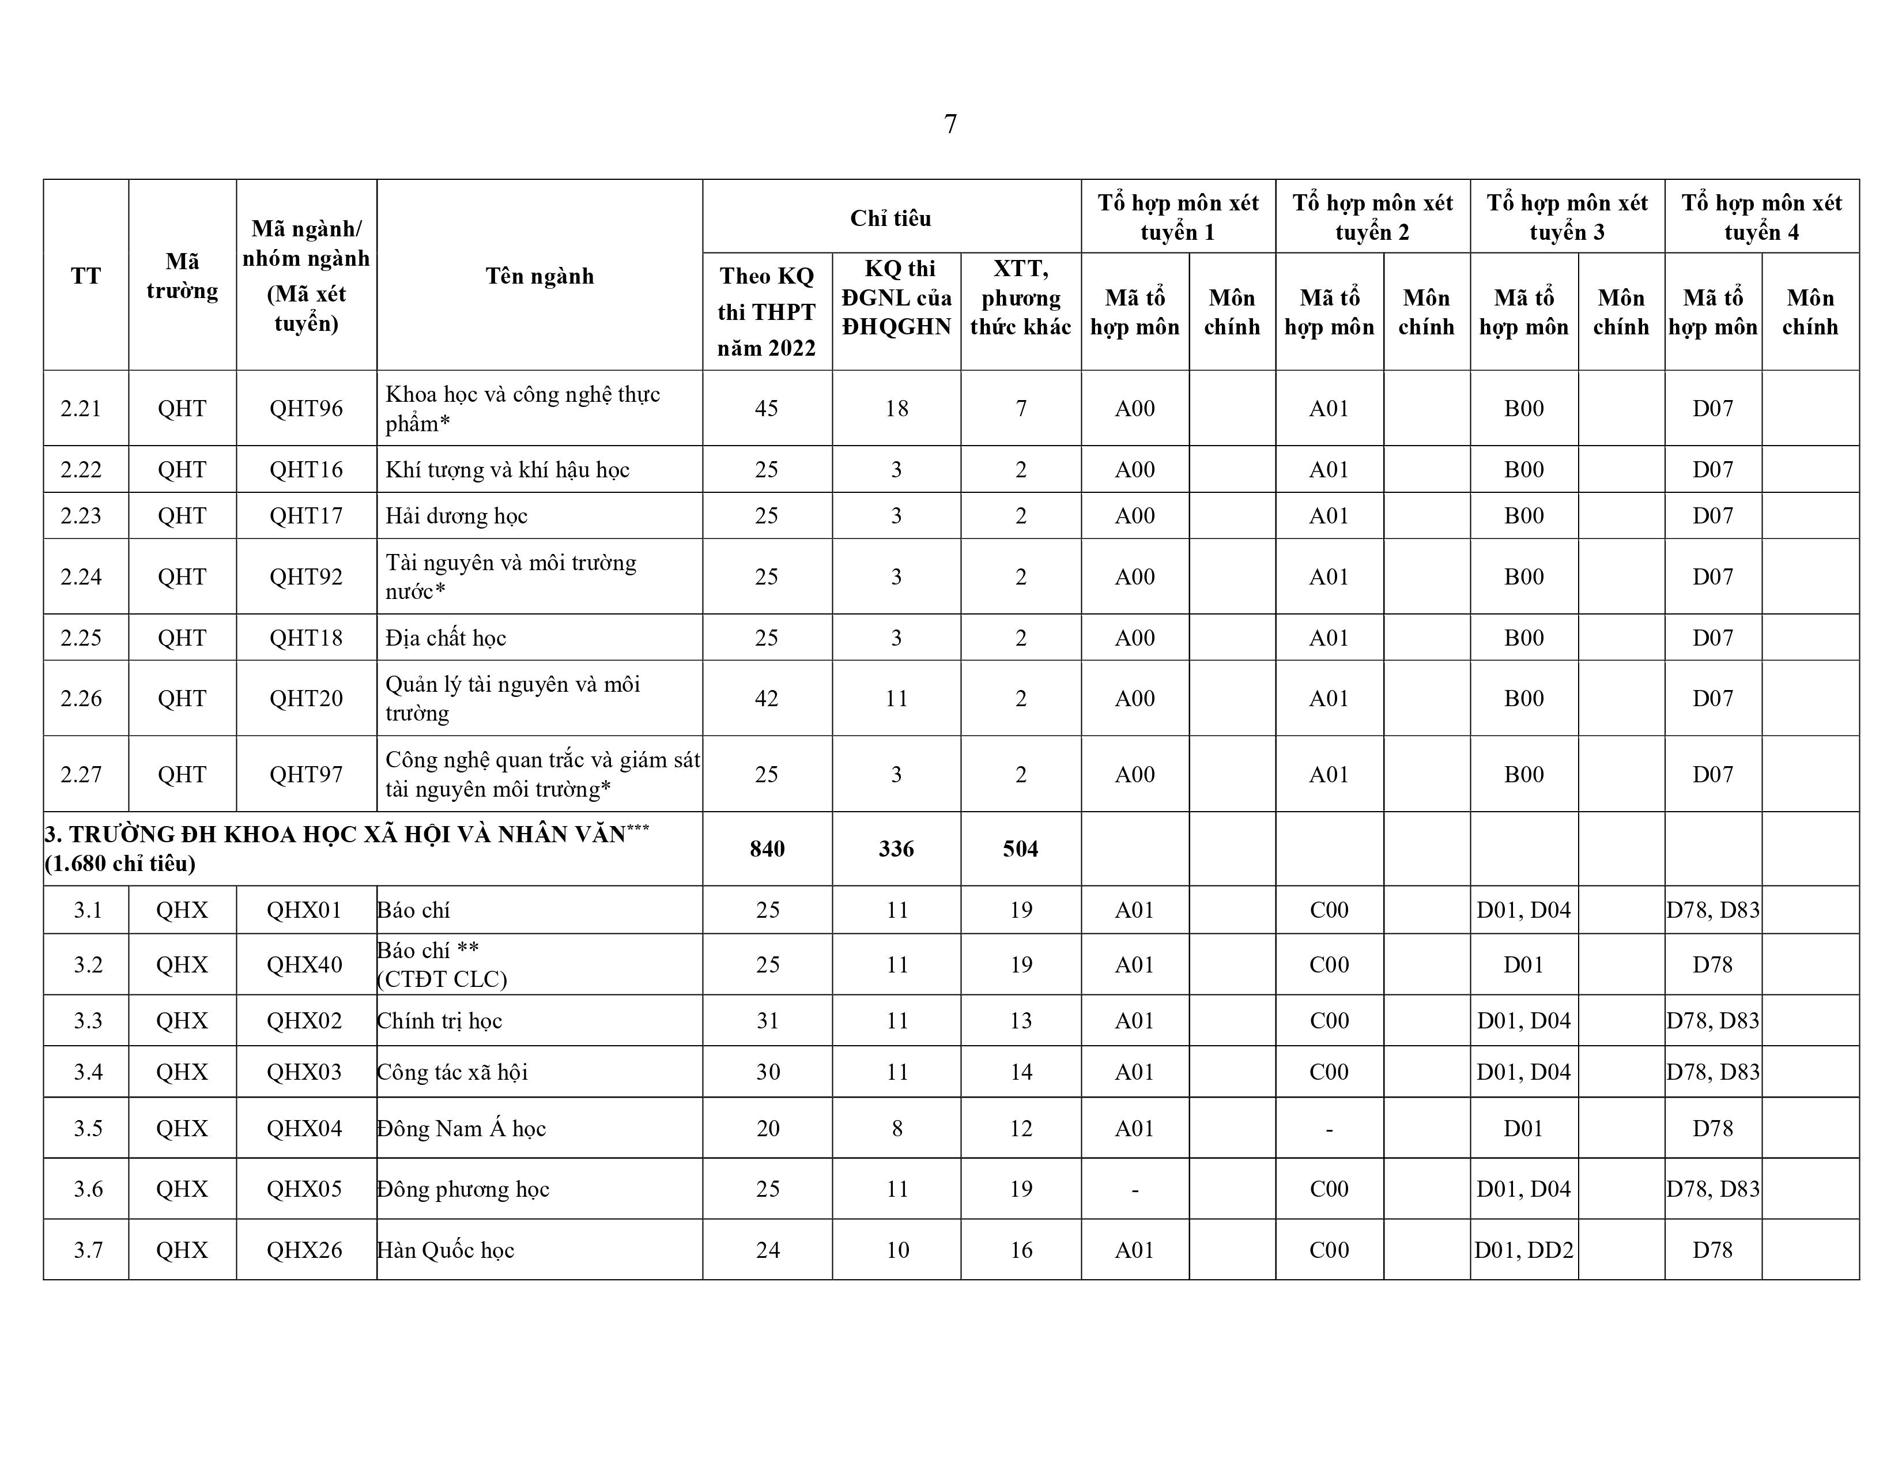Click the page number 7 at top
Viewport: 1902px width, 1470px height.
pyautogui.click(x=950, y=125)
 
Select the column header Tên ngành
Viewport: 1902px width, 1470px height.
pyautogui.click(x=539, y=276)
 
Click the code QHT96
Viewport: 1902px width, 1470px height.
pyautogui.click(x=305, y=409)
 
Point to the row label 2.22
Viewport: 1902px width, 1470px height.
pyautogui.click(x=81, y=469)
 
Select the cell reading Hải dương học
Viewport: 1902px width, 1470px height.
pyautogui.click(x=456, y=515)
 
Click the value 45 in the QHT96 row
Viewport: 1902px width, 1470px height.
pyautogui.click(x=767, y=409)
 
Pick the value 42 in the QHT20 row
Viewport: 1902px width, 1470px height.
pyautogui.click(x=767, y=699)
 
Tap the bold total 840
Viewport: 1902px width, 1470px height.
pyautogui.click(x=767, y=849)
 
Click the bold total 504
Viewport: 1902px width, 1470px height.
pyautogui.click(x=1021, y=849)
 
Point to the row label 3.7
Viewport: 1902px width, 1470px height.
pyautogui.click(x=88, y=1250)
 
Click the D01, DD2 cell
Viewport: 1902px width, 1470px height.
pyautogui.click(x=1524, y=1250)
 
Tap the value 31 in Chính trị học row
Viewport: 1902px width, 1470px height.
pyautogui.click(x=767, y=1020)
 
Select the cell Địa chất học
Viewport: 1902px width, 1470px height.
pyautogui.click(x=446, y=638)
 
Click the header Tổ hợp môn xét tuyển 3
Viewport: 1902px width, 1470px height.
pyautogui.click(x=1567, y=218)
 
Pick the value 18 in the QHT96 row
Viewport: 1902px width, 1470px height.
pyautogui.click(x=897, y=409)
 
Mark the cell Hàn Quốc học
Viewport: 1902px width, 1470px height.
pyautogui.click(x=446, y=1250)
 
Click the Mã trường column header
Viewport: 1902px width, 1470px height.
pyautogui.click(x=182, y=276)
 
